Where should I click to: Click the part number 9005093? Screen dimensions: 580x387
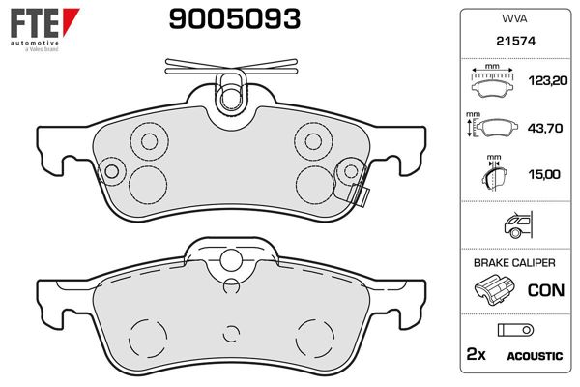click(235, 19)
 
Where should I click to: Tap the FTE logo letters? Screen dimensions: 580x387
click(35, 23)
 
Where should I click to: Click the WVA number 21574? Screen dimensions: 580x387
click(515, 41)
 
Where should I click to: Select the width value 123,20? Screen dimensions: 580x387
click(548, 80)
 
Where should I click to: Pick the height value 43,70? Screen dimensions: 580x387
click(545, 128)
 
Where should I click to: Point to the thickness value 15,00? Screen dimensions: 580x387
click(544, 174)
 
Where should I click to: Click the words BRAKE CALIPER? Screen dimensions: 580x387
click(514, 263)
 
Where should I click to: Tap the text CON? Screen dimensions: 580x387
click(546, 290)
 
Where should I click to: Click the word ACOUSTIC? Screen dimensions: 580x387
click(535, 356)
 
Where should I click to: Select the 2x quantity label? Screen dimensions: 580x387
click(476, 354)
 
